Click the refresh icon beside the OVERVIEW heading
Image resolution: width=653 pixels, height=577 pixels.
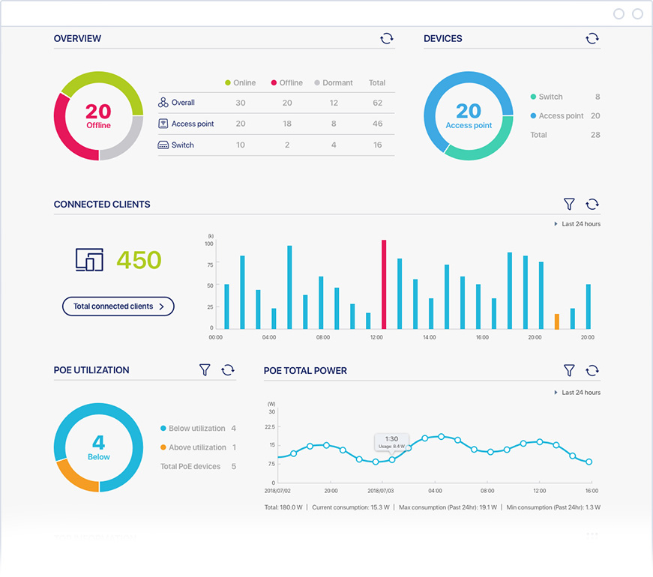387,38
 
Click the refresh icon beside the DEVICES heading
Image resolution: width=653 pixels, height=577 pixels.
592,38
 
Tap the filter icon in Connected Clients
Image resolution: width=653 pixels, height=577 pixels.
569,204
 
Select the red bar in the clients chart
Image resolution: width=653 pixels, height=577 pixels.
384,285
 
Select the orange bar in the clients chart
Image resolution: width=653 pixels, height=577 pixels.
556,321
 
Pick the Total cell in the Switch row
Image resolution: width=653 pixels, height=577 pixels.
377,145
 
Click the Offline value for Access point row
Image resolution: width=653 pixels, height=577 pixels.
287,124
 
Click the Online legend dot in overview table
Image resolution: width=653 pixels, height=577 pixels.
228,82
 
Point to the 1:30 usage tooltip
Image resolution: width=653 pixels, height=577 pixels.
391,442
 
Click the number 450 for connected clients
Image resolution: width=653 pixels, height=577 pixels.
139,260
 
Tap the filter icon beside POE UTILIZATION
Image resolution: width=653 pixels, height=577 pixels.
205,370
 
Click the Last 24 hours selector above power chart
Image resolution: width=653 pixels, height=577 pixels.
577,393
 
